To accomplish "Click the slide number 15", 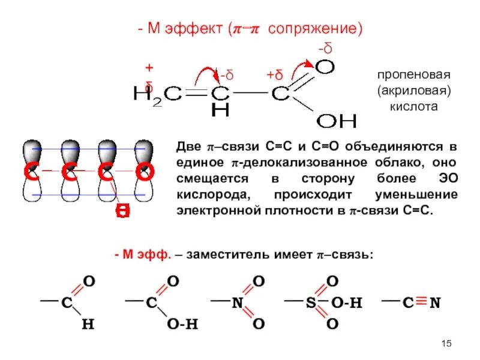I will (x=446, y=343).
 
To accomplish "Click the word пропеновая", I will (x=413, y=76).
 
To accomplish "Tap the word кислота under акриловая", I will (x=413, y=106).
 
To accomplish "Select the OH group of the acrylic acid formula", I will (x=336, y=121).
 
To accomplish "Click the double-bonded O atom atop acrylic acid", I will (x=325, y=67).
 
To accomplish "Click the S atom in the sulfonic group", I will (x=311, y=303).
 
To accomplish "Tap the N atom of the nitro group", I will (x=237, y=303).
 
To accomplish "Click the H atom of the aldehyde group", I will (x=88, y=325).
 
